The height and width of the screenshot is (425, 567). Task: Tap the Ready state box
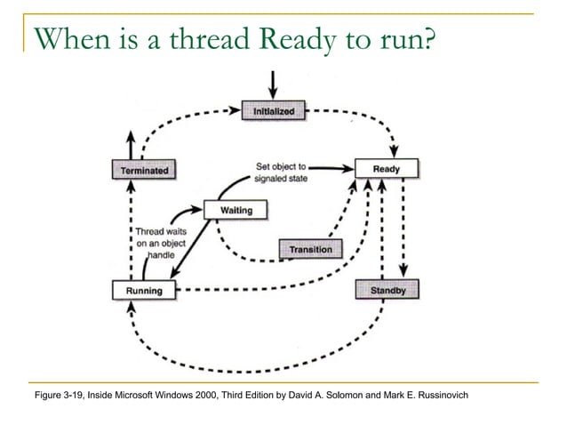(x=387, y=168)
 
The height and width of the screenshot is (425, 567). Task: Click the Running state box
(x=143, y=290)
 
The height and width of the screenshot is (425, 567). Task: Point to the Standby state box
(x=387, y=290)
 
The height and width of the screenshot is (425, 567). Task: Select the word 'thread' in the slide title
(x=178, y=38)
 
